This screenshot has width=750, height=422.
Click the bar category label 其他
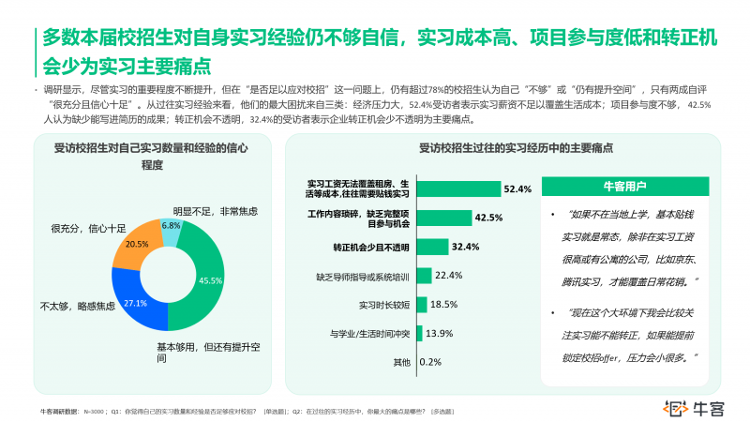pyautogui.click(x=401, y=362)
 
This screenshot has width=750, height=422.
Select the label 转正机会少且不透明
pyautogui.click(x=371, y=247)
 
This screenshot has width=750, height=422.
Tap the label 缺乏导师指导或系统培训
pyautogui.click(x=363, y=276)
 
